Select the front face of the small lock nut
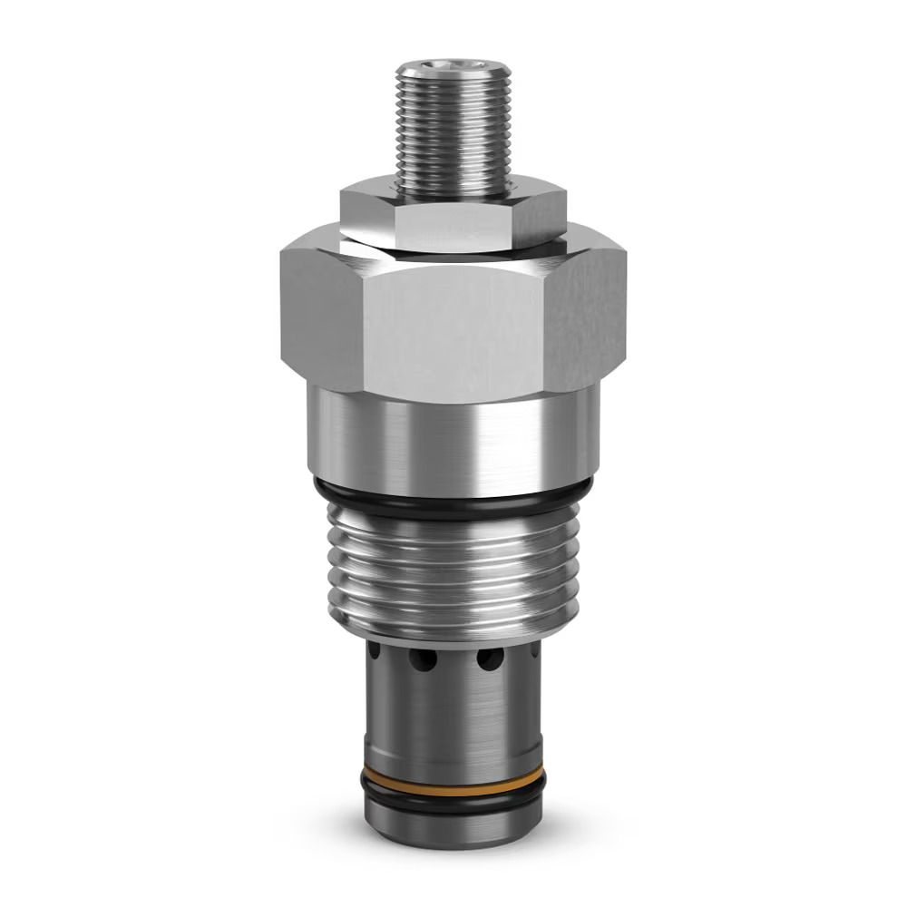[x=452, y=223]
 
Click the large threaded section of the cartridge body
[x=453, y=571]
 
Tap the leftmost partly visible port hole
[x=374, y=650]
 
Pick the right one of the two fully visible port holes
[x=490, y=659]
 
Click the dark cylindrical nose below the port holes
[x=453, y=717]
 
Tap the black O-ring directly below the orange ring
[x=453, y=794]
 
